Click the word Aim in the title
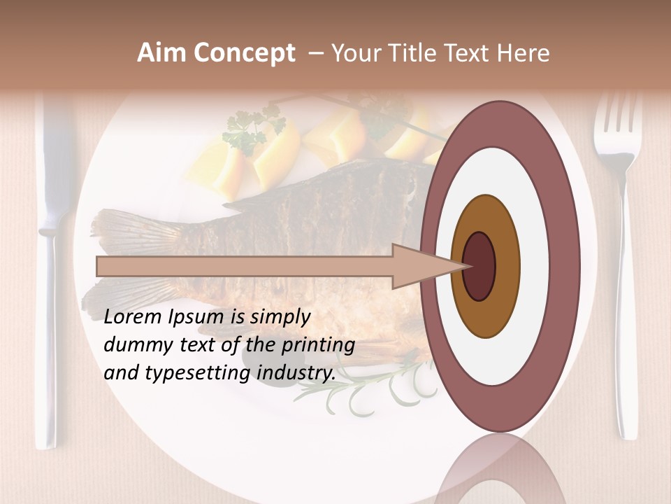pyautogui.click(x=162, y=53)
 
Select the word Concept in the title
pyautogui.click(x=244, y=53)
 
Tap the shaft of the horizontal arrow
pyautogui.click(x=245, y=267)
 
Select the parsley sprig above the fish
pyautogui.click(x=252, y=129)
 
